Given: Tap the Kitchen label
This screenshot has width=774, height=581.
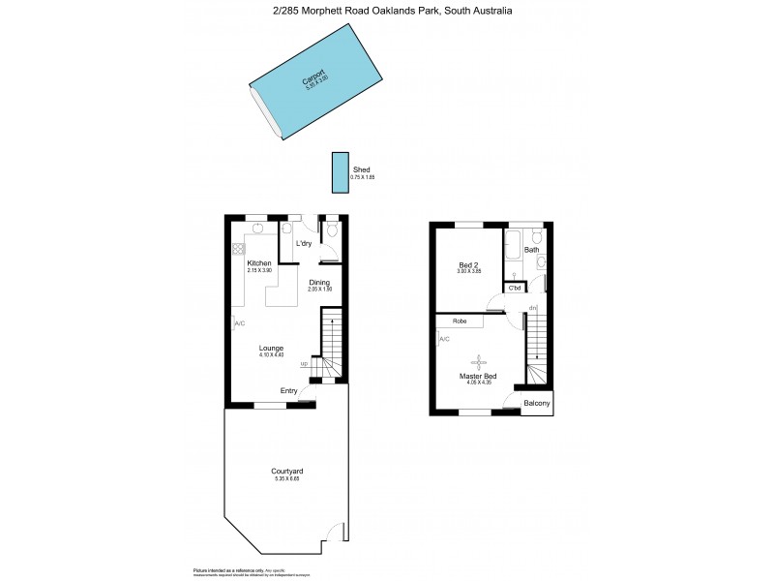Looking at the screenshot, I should coord(259,263).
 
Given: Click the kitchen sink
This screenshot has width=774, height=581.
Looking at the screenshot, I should coord(257,229).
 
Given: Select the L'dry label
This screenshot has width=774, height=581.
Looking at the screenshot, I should coord(304,243).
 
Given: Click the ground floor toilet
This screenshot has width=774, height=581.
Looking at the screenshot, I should coord(331,230).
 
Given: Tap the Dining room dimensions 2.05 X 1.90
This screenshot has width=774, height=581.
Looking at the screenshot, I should coord(319,290).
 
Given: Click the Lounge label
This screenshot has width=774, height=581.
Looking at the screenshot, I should coord(270,348).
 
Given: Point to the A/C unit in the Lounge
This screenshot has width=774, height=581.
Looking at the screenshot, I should coord(235,323).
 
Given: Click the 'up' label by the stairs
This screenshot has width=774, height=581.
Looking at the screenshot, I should coord(304,363).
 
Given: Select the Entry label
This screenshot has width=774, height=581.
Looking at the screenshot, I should coord(289,390).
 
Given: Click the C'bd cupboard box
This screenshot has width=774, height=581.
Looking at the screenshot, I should coord(515,288).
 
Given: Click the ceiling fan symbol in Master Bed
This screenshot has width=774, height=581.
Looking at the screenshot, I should coord(475,361).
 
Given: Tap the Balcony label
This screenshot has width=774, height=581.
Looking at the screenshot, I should coord(537,403).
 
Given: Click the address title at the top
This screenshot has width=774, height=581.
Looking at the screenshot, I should coord(386,11).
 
